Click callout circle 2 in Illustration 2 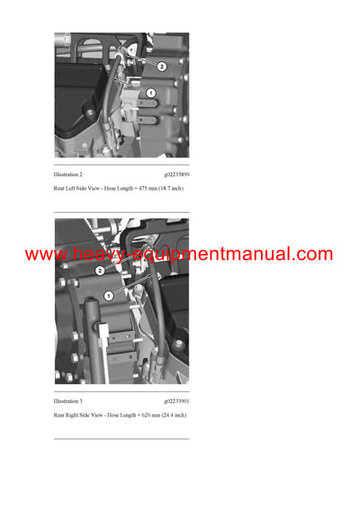[x=161, y=67]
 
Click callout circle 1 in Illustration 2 [x=150, y=93]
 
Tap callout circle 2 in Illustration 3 [x=100, y=271]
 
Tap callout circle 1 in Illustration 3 [x=109, y=295]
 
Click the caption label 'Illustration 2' [x=68, y=174]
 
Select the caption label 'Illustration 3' [x=68, y=402]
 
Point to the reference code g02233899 [x=176, y=174]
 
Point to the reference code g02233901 [x=176, y=402]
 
